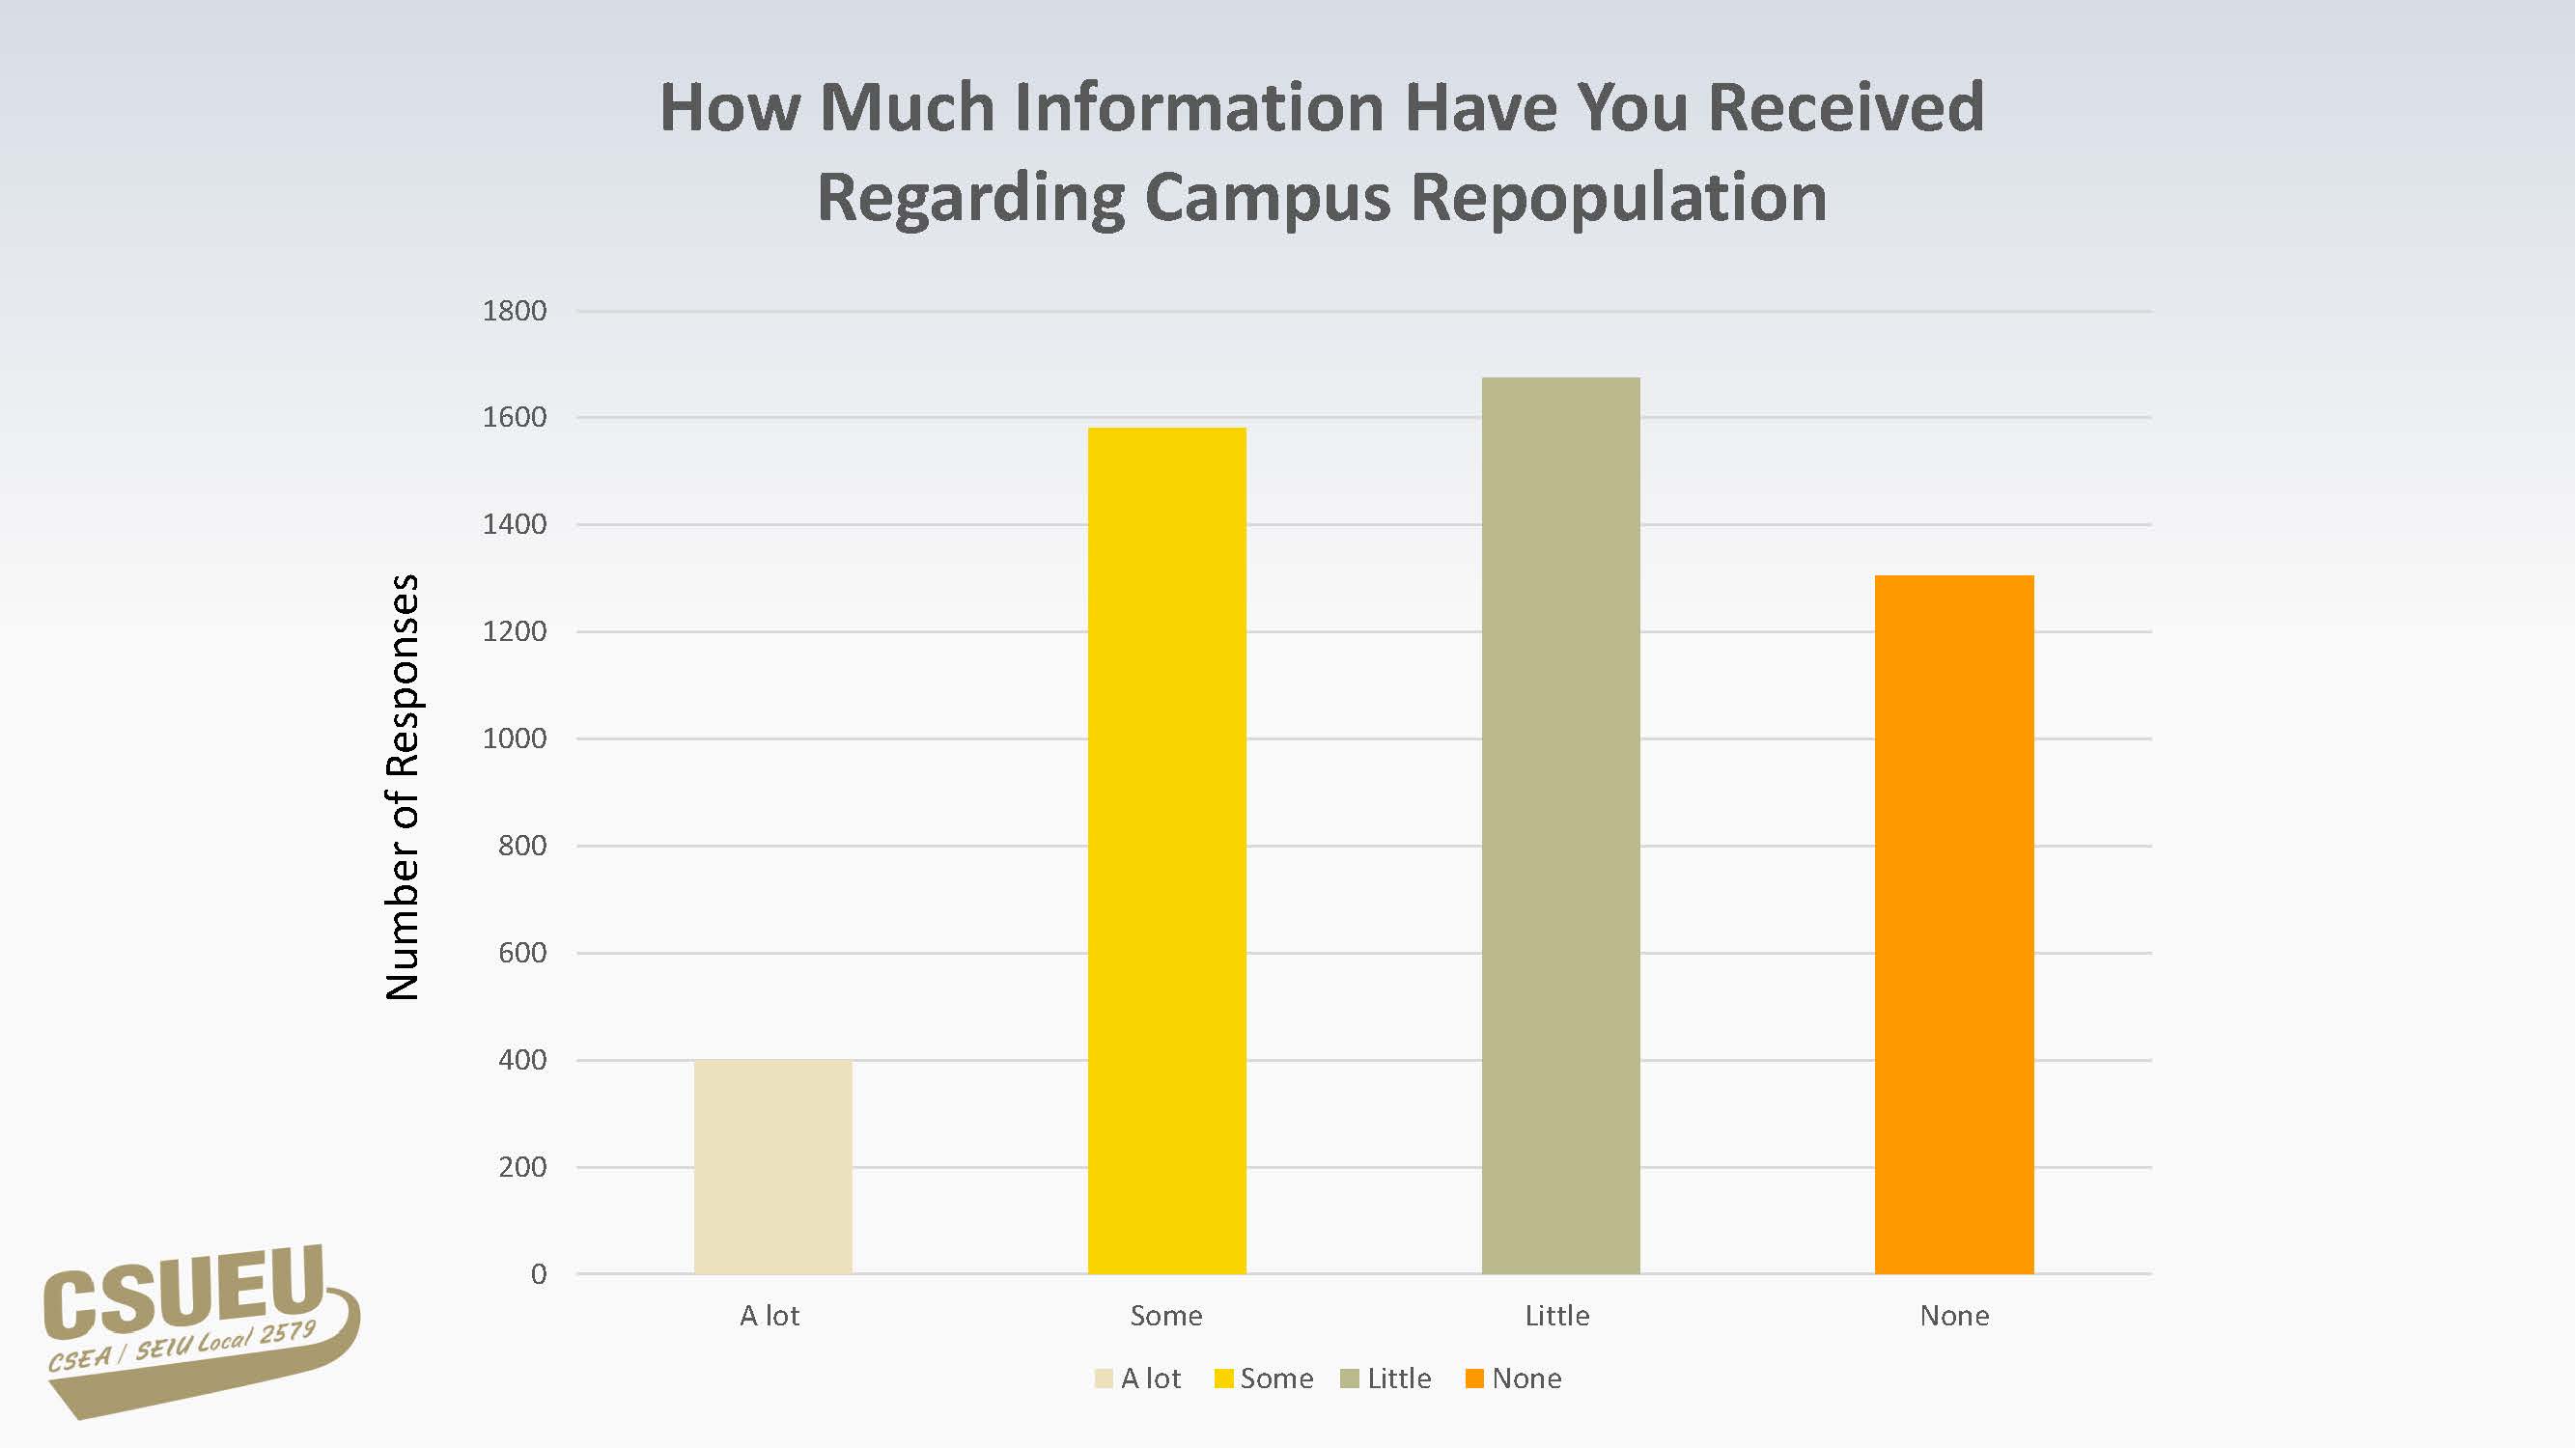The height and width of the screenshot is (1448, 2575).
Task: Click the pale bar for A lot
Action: [772, 1166]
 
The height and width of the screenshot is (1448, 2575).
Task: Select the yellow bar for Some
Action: [1166, 850]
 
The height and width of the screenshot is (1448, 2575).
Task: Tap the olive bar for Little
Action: [1560, 825]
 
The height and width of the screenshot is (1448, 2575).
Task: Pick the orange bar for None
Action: [1954, 925]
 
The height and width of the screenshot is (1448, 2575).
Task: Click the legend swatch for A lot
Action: [1104, 1379]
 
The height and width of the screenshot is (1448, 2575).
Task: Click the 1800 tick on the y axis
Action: [514, 311]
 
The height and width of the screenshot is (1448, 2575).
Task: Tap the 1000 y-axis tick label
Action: [514, 738]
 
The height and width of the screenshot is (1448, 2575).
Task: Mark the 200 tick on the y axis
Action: [521, 1167]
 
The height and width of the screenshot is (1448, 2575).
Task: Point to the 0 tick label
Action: [539, 1274]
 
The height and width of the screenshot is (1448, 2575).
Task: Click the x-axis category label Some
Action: [1165, 1316]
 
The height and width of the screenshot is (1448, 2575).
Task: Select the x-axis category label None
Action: [1954, 1316]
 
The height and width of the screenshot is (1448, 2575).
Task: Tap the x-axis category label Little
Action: [1556, 1316]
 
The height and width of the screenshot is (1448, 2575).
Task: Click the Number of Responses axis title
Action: [403, 788]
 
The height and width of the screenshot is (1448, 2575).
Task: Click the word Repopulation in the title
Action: [1618, 197]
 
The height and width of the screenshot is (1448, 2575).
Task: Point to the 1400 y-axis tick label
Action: [514, 524]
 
